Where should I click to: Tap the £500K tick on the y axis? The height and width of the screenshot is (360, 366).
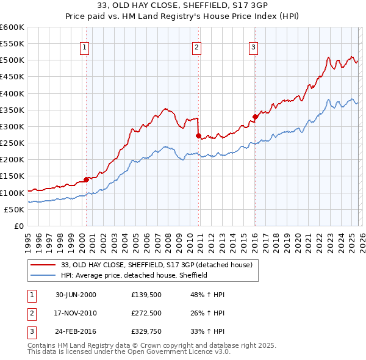pyautogui.click(x=12, y=60)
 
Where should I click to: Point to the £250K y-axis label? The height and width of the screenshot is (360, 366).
pyautogui.click(x=12, y=143)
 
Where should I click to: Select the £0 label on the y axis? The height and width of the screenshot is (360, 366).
pyautogui.click(x=18, y=226)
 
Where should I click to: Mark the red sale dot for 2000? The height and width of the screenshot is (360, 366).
pyautogui.click(x=87, y=179)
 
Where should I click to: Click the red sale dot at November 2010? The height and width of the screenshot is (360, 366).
pyautogui.click(x=198, y=135)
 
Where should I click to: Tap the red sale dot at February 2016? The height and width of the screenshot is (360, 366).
pyautogui.click(x=255, y=117)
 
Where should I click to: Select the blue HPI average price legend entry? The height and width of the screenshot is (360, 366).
pyautogui.click(x=134, y=275)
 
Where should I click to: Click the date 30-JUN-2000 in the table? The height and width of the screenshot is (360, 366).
pyautogui.click(x=76, y=295)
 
